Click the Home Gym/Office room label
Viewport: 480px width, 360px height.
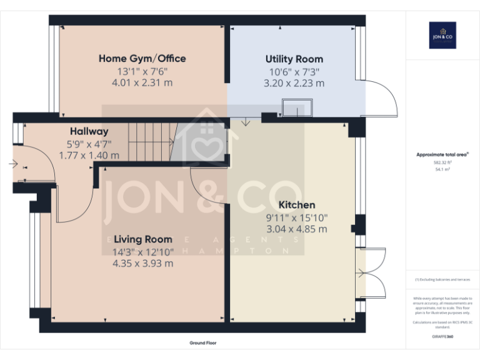click(142, 59)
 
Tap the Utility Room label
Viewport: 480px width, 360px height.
click(294, 59)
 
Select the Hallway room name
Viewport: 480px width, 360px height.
click(89, 131)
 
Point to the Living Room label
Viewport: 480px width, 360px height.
click(142, 239)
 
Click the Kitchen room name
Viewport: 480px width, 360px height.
click(296, 205)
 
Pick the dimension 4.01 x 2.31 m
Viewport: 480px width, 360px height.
click(142, 82)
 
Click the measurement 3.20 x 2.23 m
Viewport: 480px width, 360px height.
click(294, 83)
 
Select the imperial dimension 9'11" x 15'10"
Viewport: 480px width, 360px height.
click(296, 217)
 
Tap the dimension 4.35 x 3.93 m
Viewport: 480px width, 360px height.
click(142, 263)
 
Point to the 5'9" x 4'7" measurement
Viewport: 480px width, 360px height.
click(89, 144)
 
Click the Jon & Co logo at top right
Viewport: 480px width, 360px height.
click(442, 35)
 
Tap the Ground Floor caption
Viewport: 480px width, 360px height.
click(202, 343)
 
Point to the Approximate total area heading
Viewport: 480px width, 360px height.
click(442, 154)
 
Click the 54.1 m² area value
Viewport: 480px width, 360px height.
click(442, 169)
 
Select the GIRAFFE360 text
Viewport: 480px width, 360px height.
click(442, 337)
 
